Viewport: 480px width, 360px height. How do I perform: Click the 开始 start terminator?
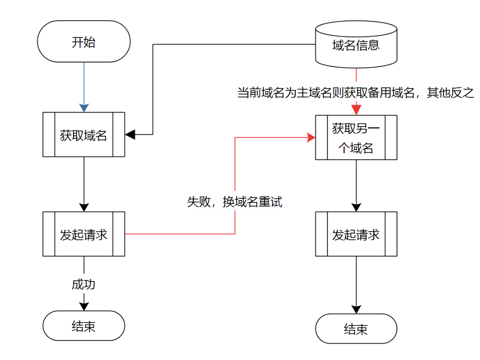click(84, 42)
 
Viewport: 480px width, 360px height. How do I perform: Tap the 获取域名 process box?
click(84, 135)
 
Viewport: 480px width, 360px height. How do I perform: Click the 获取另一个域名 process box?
click(356, 138)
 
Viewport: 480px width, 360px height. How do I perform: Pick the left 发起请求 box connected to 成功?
click(84, 234)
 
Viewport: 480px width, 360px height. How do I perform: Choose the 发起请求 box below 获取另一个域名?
click(356, 234)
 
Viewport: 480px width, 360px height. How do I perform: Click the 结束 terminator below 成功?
click(84, 326)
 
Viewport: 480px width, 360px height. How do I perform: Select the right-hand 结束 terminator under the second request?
click(356, 329)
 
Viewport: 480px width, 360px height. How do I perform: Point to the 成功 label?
click(84, 284)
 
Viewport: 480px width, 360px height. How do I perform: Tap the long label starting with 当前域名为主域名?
click(356, 93)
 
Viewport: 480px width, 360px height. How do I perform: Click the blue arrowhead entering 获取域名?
click(84, 107)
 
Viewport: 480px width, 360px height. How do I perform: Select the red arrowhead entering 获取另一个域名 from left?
click(311, 138)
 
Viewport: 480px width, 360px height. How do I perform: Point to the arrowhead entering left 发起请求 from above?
click(84, 207)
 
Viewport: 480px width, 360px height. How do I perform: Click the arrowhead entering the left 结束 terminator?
click(84, 306)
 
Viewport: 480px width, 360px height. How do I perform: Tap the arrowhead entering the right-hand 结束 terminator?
click(356, 309)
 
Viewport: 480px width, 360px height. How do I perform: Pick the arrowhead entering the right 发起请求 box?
click(356, 207)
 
